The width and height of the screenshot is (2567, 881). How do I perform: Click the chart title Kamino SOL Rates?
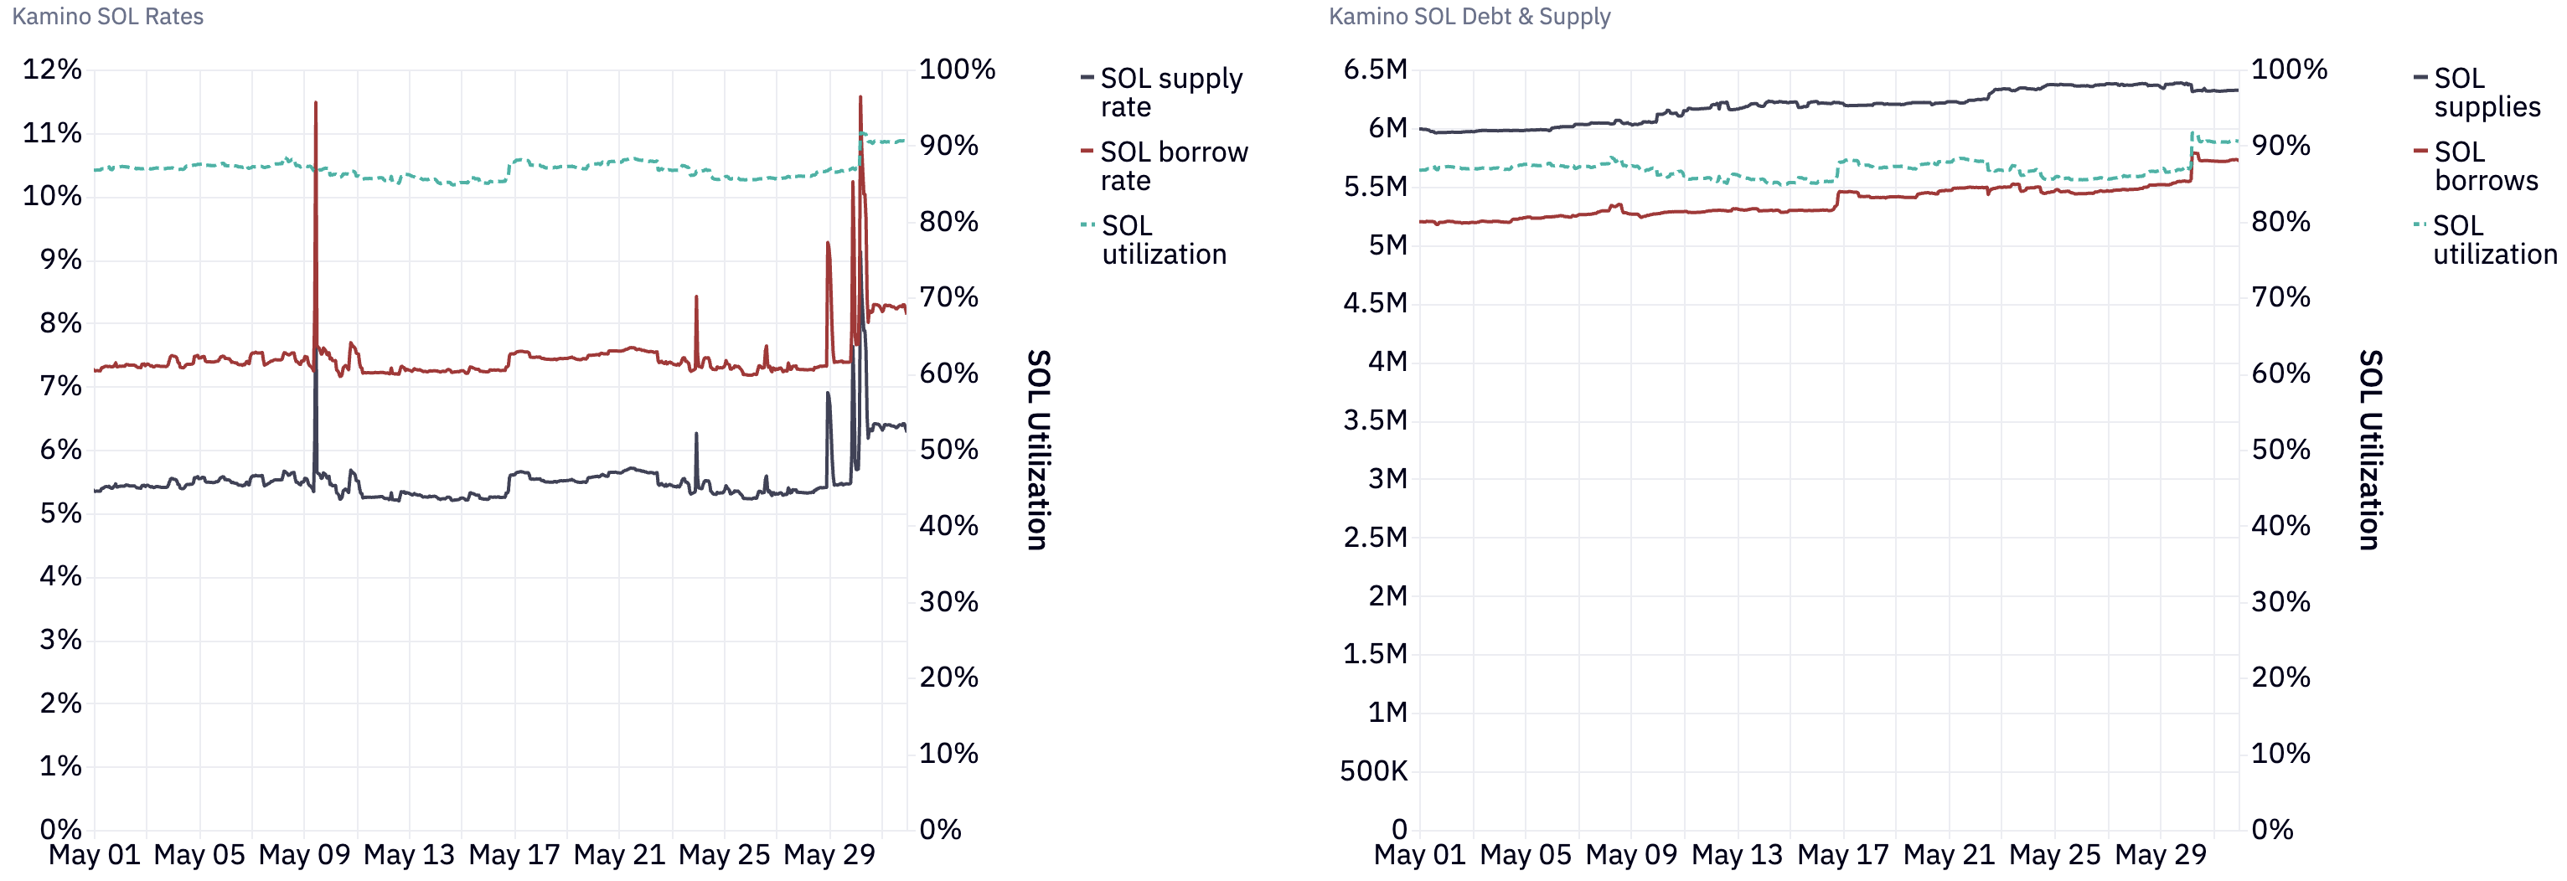tap(107, 16)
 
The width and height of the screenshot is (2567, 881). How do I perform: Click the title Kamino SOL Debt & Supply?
tap(1469, 16)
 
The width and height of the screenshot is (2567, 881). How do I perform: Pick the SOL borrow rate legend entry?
tap(1173, 166)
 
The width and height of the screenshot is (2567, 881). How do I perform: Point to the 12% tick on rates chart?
tap(52, 69)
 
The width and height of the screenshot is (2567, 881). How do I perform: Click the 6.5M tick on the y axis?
tap(1375, 69)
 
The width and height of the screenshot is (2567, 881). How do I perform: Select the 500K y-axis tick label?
tap(1373, 770)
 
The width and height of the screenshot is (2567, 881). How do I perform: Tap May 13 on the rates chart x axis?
tap(409, 854)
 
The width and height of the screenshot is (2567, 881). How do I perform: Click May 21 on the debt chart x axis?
tap(1948, 854)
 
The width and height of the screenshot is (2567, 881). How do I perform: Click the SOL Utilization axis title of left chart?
tap(1037, 450)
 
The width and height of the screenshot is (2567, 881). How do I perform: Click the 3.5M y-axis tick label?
tap(1375, 420)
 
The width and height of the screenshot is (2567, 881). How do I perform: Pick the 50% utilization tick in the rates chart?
tap(948, 450)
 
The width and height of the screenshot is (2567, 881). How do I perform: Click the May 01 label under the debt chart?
tap(1419, 854)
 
